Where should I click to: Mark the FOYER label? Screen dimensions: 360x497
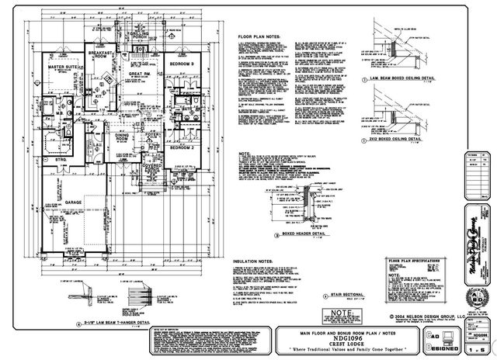pyautogui.click(x=151, y=133)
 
